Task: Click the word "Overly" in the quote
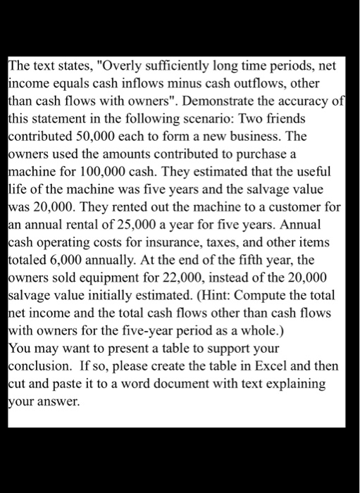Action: [x=127, y=68]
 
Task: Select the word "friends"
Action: [x=312, y=114]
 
